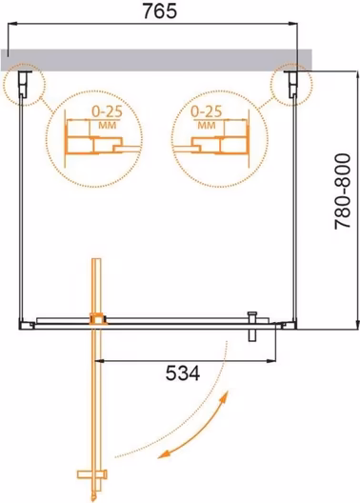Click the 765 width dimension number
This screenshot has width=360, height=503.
click(160, 11)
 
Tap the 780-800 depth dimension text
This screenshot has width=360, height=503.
click(343, 191)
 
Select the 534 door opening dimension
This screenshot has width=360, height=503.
click(183, 372)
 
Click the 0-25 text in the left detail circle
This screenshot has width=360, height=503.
click(107, 111)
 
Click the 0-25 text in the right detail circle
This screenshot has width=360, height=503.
click(206, 111)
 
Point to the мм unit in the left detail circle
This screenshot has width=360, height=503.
click(108, 125)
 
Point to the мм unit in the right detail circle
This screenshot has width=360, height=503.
click(207, 125)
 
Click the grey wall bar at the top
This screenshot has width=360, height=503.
click(156, 60)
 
